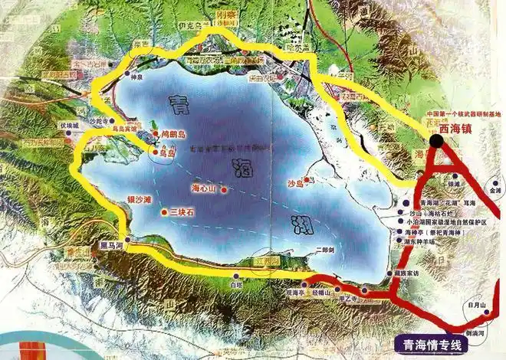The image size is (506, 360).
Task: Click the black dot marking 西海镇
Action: pos(436,140)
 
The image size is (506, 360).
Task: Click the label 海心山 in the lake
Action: pos(203,188)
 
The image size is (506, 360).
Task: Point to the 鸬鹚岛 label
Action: pos(179,133)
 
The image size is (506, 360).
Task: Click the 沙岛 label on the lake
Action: pos(295,184)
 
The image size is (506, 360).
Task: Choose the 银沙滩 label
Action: pos(140,199)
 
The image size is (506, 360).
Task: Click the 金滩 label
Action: pos(493,189)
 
